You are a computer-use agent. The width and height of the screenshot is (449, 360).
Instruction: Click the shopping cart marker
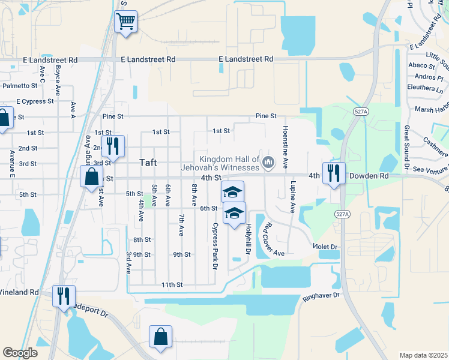point(126,22)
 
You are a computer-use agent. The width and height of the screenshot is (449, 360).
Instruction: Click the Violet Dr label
point(325,246)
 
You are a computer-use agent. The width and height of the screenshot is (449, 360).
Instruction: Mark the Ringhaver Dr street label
point(321,295)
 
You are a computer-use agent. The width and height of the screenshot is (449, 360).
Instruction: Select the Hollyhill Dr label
point(247,238)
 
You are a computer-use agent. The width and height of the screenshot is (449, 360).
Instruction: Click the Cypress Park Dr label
point(214,246)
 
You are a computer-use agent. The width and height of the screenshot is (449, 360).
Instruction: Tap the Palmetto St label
point(20,86)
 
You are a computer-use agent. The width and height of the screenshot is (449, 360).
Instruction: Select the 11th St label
point(171,285)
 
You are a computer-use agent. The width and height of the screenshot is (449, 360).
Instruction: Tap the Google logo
point(20,353)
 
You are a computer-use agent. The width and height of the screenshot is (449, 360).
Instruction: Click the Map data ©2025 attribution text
point(423,355)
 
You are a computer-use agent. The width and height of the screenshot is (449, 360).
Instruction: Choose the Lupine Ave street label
point(293,197)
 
